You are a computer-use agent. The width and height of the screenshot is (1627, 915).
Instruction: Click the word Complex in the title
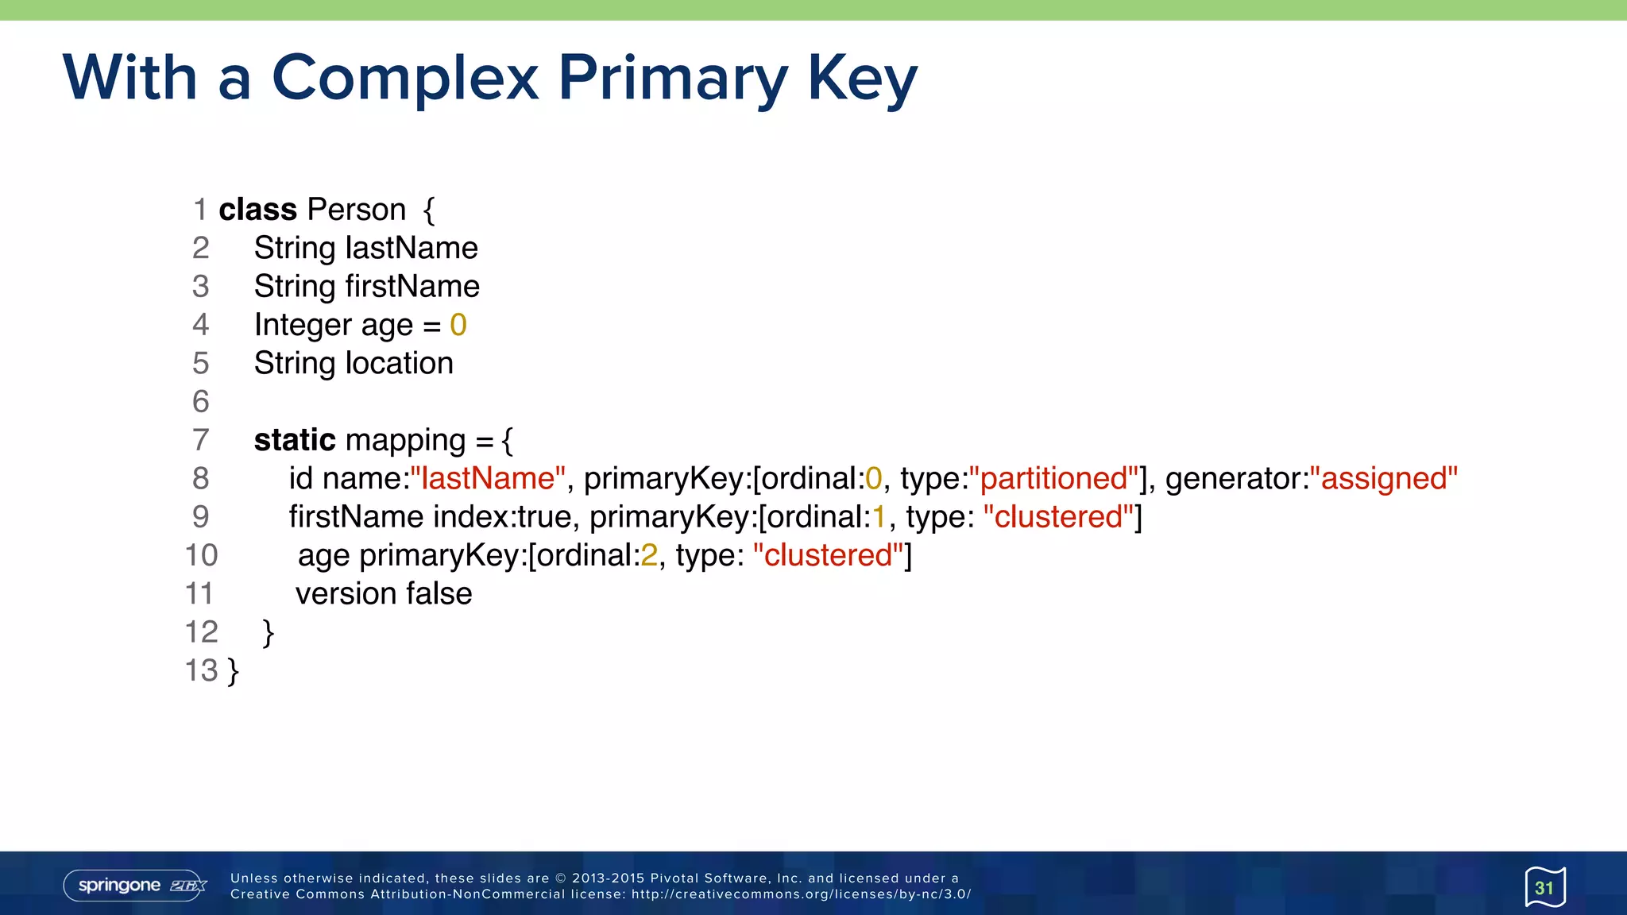(405, 78)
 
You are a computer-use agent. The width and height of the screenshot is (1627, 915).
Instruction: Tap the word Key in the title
(862, 78)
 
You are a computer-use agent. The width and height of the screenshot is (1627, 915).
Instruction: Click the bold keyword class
(257, 210)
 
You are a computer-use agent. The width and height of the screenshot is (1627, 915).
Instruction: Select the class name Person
(357, 210)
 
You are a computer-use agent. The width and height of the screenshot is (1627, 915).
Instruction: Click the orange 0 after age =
(458, 325)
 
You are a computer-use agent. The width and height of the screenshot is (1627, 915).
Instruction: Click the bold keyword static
(295, 440)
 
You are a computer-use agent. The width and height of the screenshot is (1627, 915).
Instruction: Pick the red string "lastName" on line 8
(488, 479)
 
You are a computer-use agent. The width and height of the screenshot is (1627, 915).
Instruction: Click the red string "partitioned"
(1054, 479)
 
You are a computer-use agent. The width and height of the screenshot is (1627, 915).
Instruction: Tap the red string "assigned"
(1384, 479)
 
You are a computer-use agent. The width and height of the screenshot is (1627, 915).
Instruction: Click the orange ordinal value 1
(879, 517)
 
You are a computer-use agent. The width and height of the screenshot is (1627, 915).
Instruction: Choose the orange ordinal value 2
(649, 555)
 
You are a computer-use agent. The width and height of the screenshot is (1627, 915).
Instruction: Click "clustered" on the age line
(828, 555)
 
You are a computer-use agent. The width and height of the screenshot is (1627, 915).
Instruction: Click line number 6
(201, 402)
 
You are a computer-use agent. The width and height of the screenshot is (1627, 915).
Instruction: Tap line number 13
(201, 670)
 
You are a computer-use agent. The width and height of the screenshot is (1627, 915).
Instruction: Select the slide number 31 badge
(1544, 887)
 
